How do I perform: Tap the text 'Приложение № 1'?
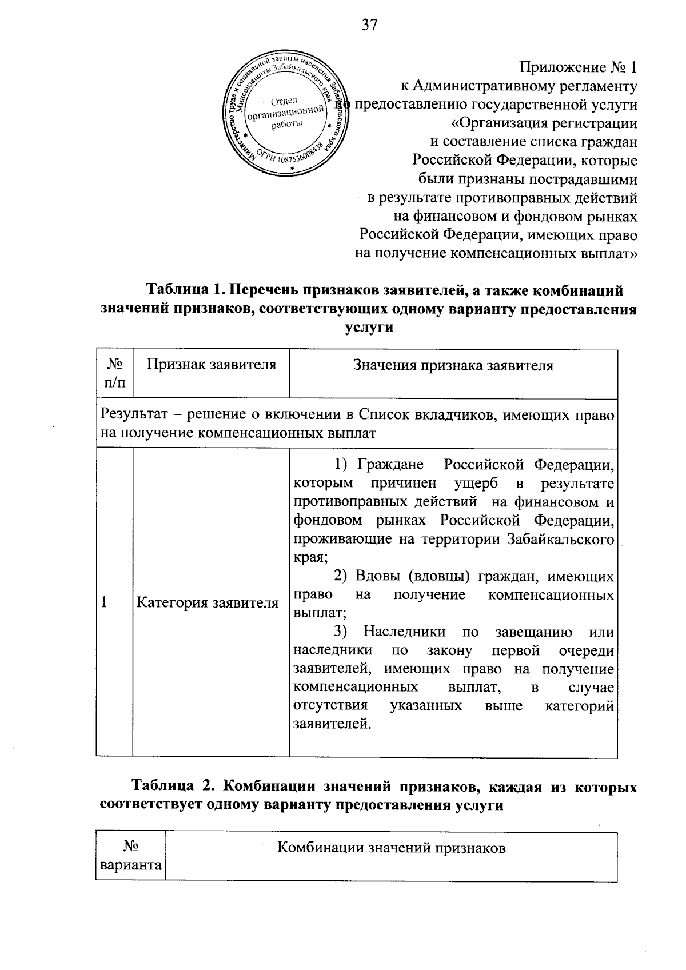tap(578, 67)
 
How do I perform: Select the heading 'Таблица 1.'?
tap(182, 291)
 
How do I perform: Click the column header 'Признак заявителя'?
tap(211, 365)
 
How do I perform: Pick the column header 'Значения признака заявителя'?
tap(453, 366)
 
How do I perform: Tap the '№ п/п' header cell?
tap(115, 373)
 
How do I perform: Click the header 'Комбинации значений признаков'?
tap(392, 848)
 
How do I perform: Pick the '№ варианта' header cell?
tap(131, 856)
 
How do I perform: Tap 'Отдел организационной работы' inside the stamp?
tap(284, 113)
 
